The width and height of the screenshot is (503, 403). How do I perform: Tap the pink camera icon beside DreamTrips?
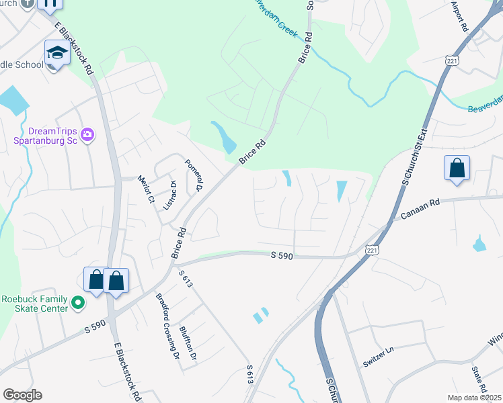click(87, 136)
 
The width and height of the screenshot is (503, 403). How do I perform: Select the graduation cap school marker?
click(57, 54)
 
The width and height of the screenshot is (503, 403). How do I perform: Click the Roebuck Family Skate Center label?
click(34, 304)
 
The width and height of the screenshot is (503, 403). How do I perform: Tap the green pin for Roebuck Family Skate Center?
click(77, 303)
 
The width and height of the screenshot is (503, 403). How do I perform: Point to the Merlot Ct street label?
click(146, 189)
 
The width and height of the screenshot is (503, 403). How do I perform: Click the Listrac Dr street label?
click(169, 193)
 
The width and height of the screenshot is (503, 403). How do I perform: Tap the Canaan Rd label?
click(420, 214)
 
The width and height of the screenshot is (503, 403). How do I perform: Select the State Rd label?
click(479, 379)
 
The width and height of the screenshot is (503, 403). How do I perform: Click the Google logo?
click(22, 395)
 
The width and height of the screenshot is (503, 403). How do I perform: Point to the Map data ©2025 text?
click(473, 398)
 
